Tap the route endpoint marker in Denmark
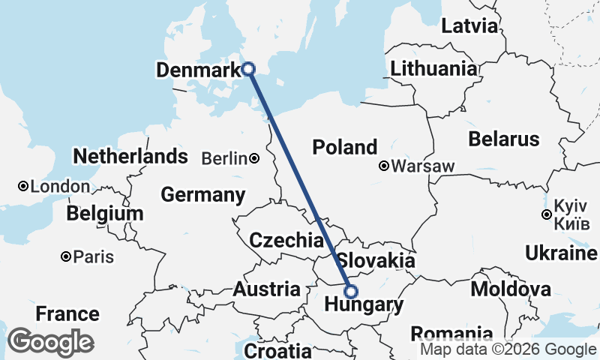tap(249, 69)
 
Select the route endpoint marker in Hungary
tap(350, 292)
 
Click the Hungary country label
tap(364, 305)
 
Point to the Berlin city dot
tap(255, 158)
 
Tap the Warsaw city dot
tap(384, 165)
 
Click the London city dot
tap(24, 186)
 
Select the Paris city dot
tap(67, 256)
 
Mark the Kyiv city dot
tap(547, 215)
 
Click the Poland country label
tap(345, 147)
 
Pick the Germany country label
tap(203, 196)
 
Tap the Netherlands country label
tap(130, 157)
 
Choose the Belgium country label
tap(104, 214)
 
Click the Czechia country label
tap(286, 241)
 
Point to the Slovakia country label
tap(376, 261)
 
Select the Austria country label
tap(267, 289)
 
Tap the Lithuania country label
tap(433, 69)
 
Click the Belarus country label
tap(503, 139)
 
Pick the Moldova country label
tap(511, 289)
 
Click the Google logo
tap(50, 342)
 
